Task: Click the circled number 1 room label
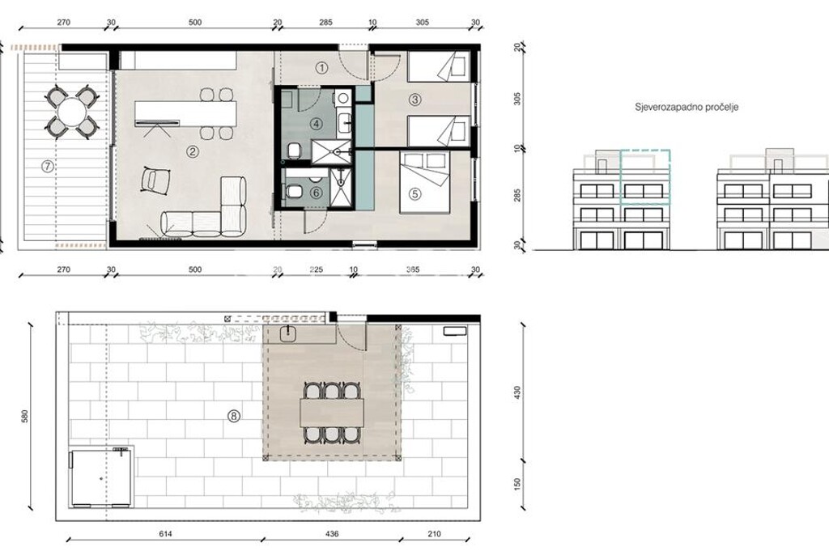point(322,68)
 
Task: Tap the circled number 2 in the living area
point(192,152)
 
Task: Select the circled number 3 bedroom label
point(414,100)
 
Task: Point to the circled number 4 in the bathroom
point(317,125)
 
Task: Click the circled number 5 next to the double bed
point(414,194)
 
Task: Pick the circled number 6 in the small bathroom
point(317,193)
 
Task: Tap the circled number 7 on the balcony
point(48,167)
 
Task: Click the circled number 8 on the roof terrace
point(233,417)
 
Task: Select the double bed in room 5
point(424,182)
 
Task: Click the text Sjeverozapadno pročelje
point(687,108)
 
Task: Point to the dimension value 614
point(165,534)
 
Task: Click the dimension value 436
point(331,534)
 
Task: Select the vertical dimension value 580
point(23,417)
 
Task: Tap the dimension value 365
point(412,269)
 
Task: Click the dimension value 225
point(317,269)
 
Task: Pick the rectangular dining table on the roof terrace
point(332,413)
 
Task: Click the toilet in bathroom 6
point(293,193)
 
